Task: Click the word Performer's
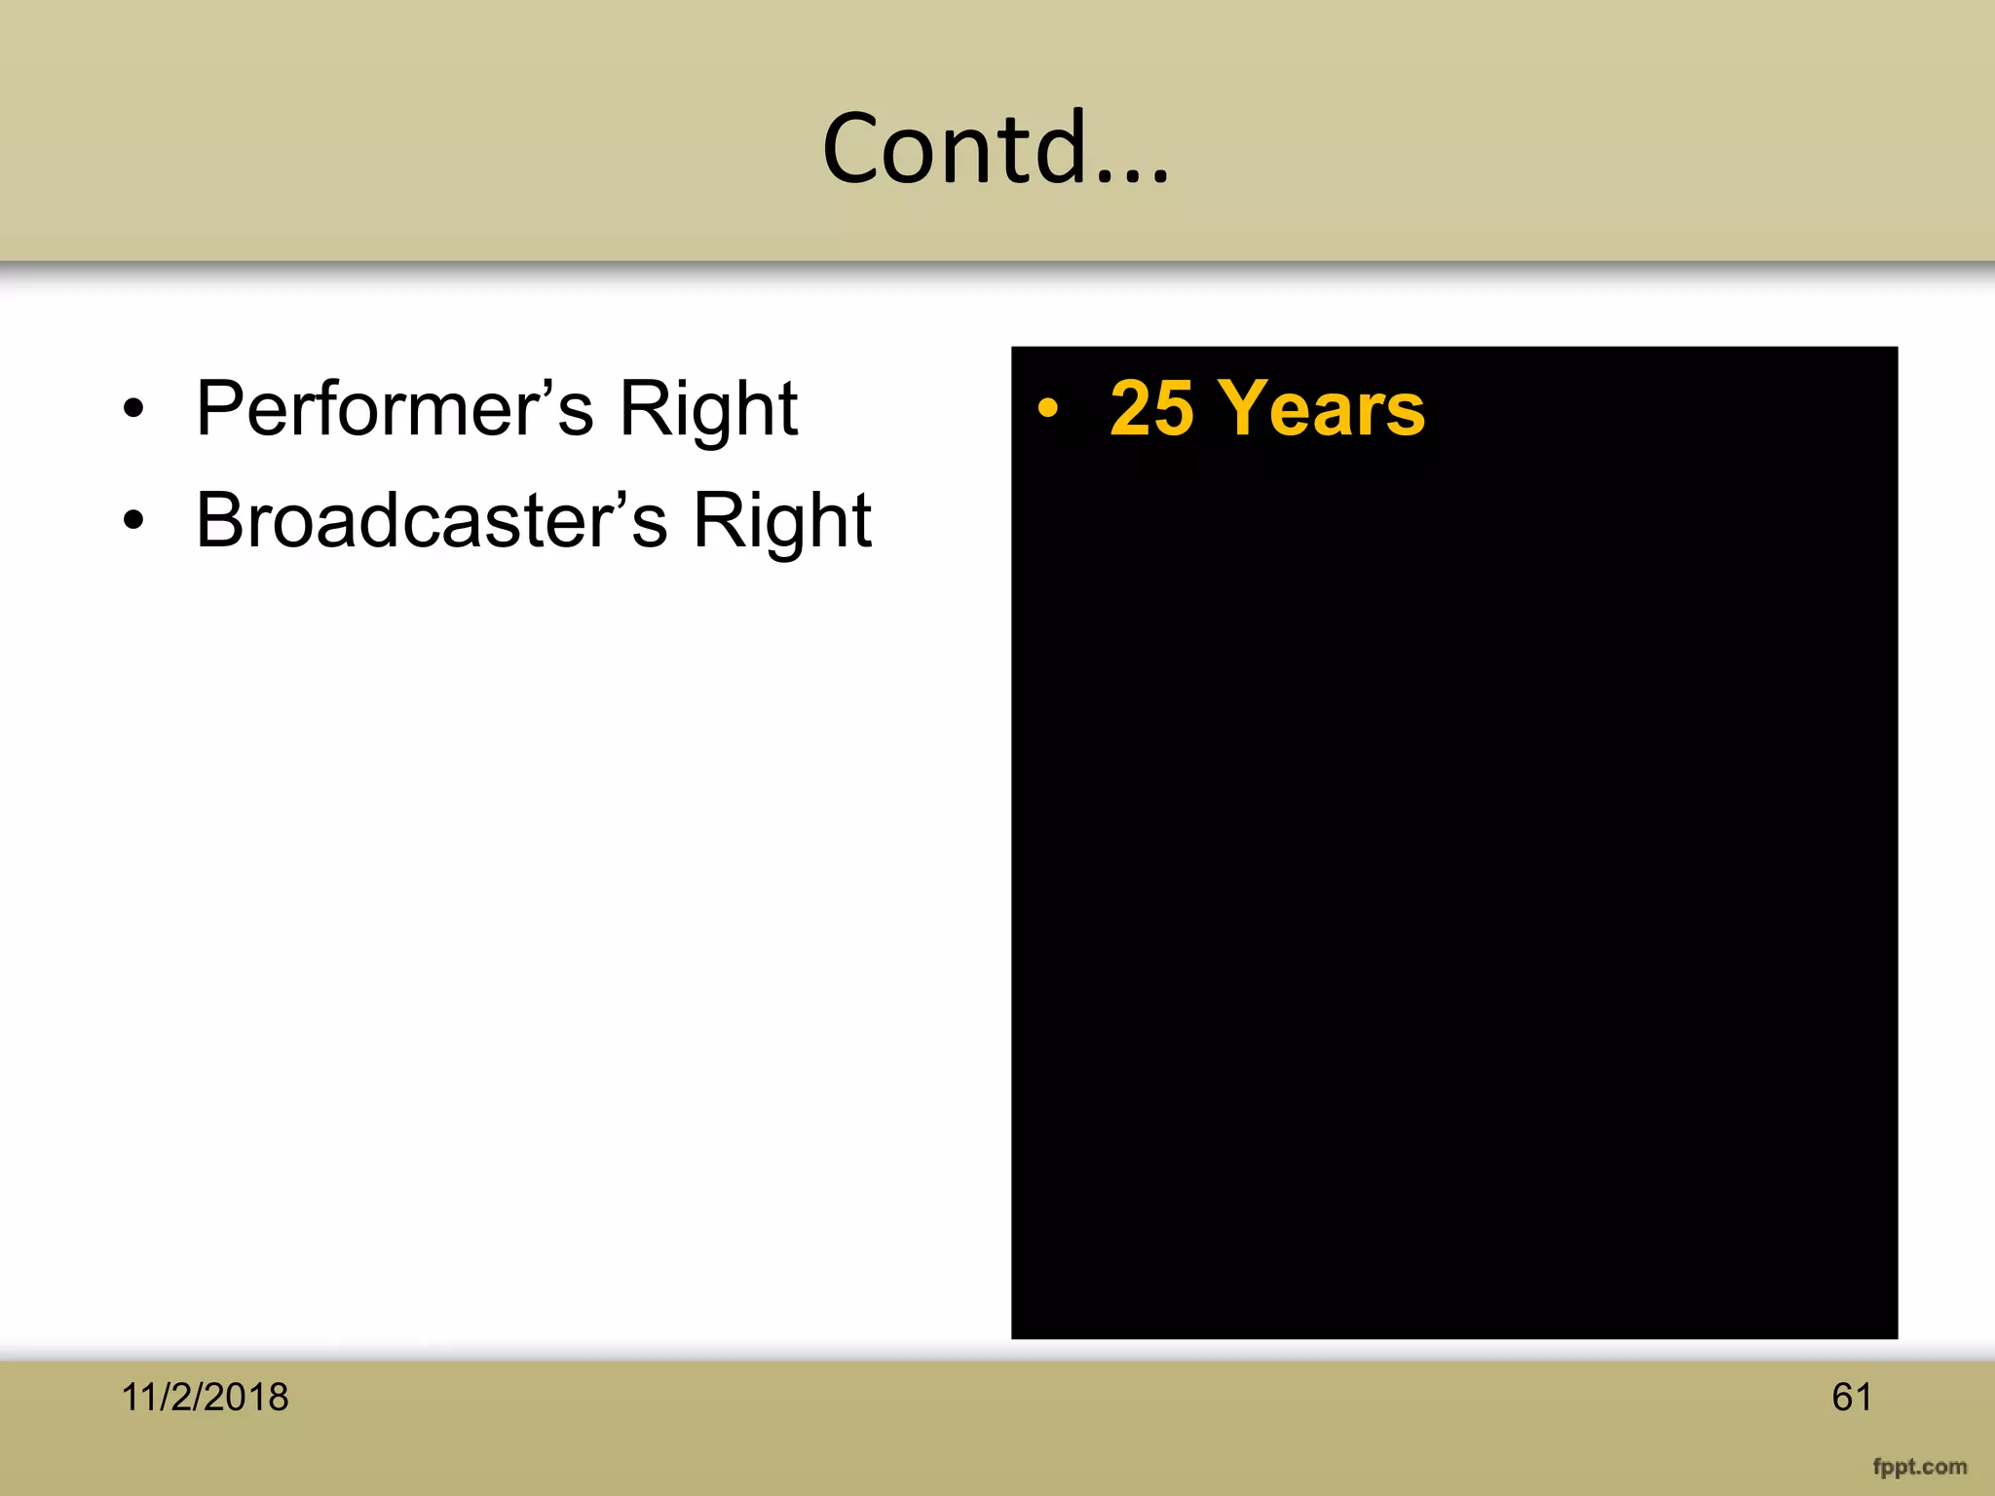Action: click(x=395, y=409)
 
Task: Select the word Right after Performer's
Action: click(x=708, y=409)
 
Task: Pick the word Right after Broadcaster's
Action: click(x=781, y=521)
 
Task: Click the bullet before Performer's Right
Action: click(x=133, y=409)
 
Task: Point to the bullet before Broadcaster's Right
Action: click(x=133, y=521)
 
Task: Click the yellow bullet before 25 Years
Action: click(x=1047, y=408)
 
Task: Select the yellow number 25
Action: click(x=1151, y=409)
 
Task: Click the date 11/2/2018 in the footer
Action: click(x=205, y=1398)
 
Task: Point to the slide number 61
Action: click(x=1851, y=1398)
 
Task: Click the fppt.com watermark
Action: click(x=1919, y=1467)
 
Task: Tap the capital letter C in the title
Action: click(x=855, y=148)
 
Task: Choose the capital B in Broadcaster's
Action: click(x=220, y=521)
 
